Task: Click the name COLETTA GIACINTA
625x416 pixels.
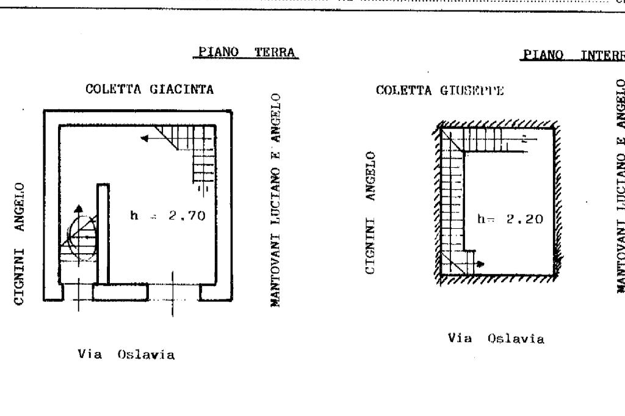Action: pyautogui.click(x=150, y=90)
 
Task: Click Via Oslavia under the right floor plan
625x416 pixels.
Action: pyautogui.click(x=496, y=339)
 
